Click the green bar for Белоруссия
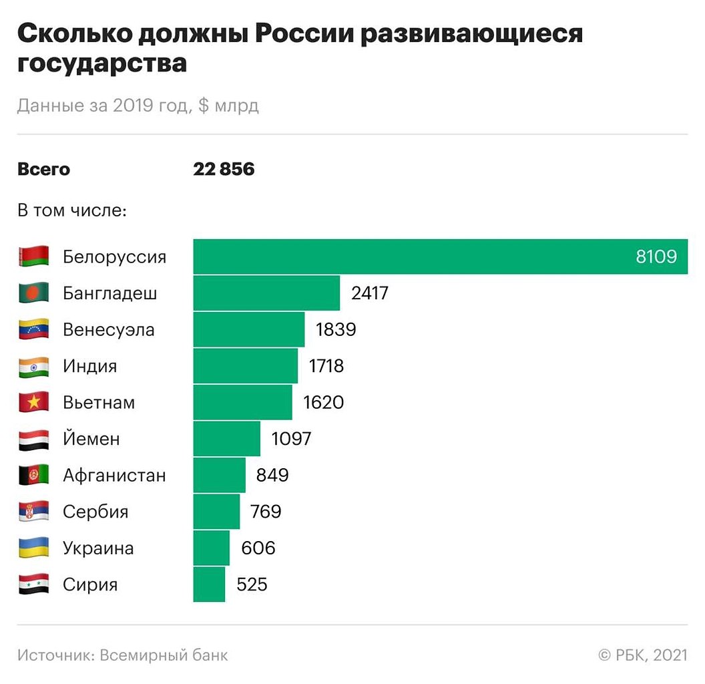pyautogui.click(x=414, y=256)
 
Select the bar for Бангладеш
pyautogui.click(x=266, y=293)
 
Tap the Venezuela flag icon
pyautogui.click(x=33, y=329)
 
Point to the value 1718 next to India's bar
pyautogui.click(x=326, y=366)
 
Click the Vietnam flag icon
pyautogui.click(x=33, y=402)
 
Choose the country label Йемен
pyautogui.click(x=91, y=439)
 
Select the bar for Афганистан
pyautogui.click(x=219, y=475)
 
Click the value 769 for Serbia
pyautogui.click(x=266, y=512)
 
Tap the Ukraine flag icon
pyautogui.click(x=33, y=548)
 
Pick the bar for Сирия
pyautogui.click(x=209, y=584)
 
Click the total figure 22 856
pyautogui.click(x=224, y=169)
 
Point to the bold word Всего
pyautogui.click(x=43, y=169)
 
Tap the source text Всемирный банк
pyautogui.click(x=164, y=655)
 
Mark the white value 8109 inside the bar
pyautogui.click(x=656, y=256)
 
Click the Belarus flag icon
pyautogui.click(x=33, y=256)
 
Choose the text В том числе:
pyautogui.click(x=72, y=210)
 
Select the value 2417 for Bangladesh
pyautogui.click(x=369, y=293)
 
